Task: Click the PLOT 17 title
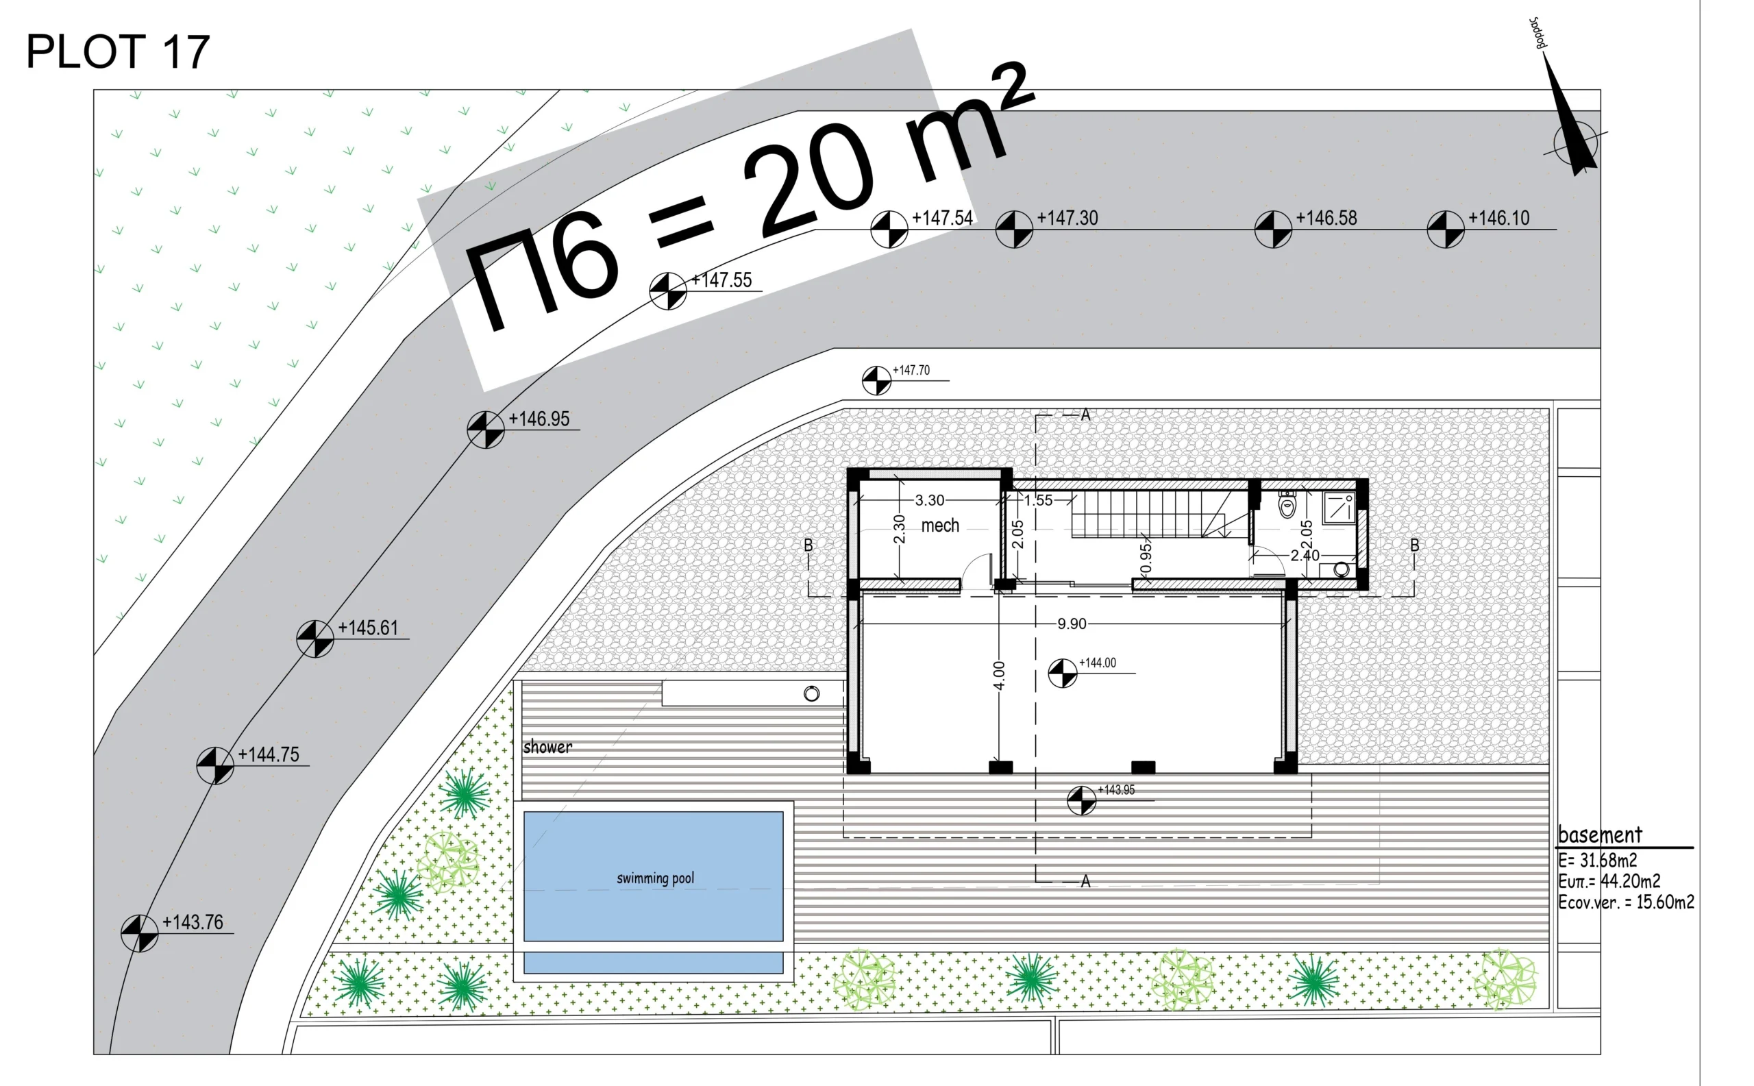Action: (118, 51)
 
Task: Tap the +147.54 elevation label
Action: (942, 218)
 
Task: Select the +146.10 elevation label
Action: (1498, 218)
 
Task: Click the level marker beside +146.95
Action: (486, 430)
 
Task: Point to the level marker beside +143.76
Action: (139, 933)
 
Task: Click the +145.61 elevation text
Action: (368, 628)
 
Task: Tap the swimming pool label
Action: (655, 878)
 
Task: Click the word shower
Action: (547, 747)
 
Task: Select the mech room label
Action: (940, 526)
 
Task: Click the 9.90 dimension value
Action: (1072, 624)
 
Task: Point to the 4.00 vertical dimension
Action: (998, 675)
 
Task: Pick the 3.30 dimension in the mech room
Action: (930, 500)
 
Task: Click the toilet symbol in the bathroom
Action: (1287, 505)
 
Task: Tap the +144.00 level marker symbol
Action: (1062, 673)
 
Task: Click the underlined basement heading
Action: (1600, 835)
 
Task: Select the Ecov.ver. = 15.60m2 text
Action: (1625, 902)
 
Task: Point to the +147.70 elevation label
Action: (911, 370)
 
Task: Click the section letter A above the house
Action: (1085, 415)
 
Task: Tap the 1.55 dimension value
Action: (1038, 500)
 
